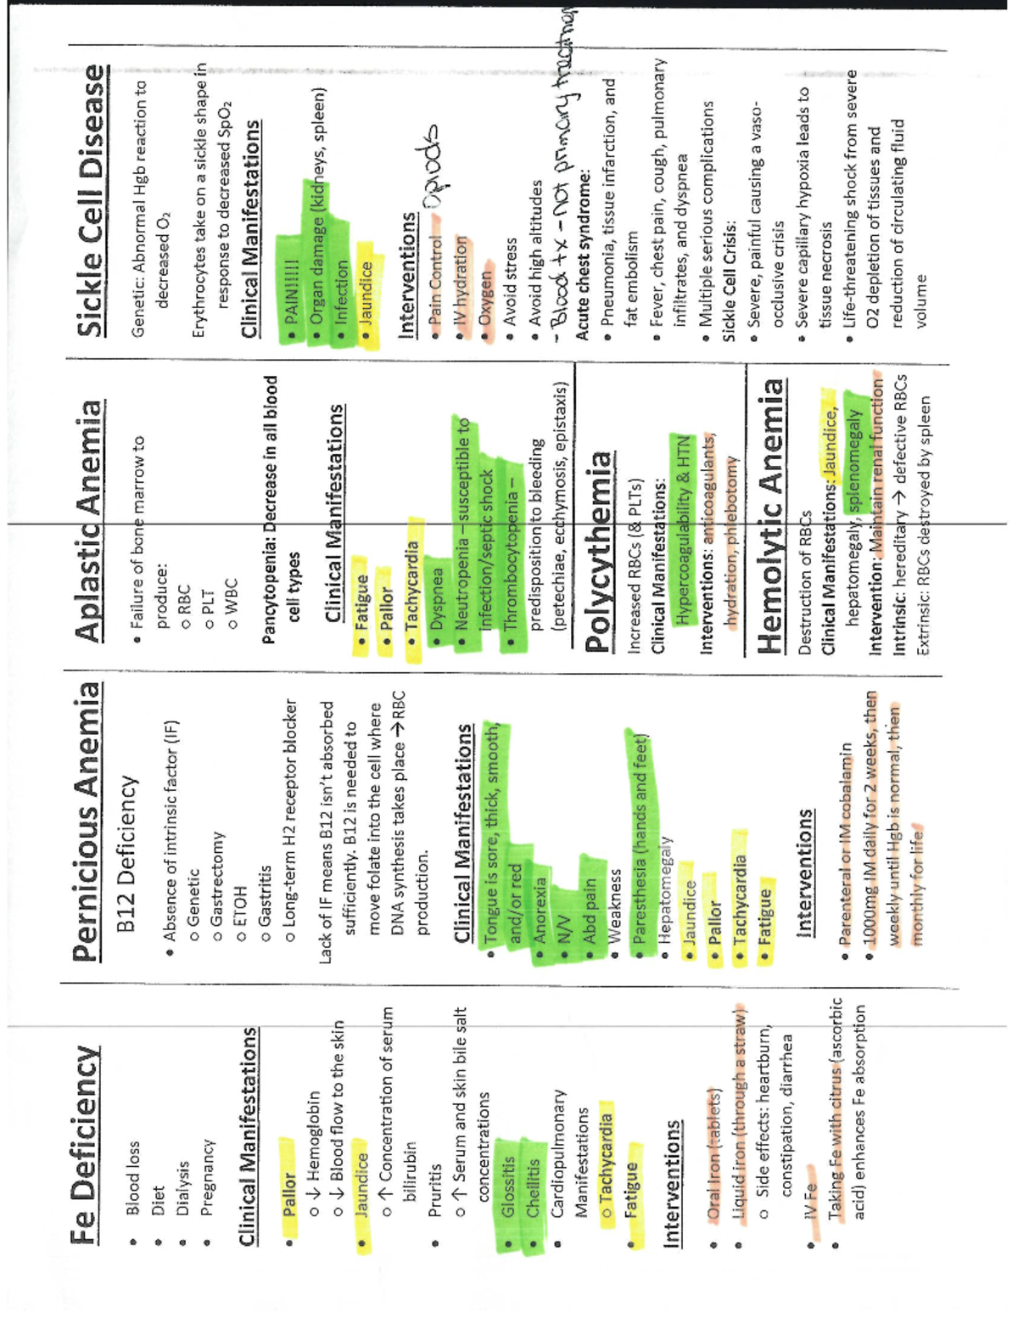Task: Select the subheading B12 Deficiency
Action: tap(127, 853)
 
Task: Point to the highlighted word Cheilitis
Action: tap(533, 1188)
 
